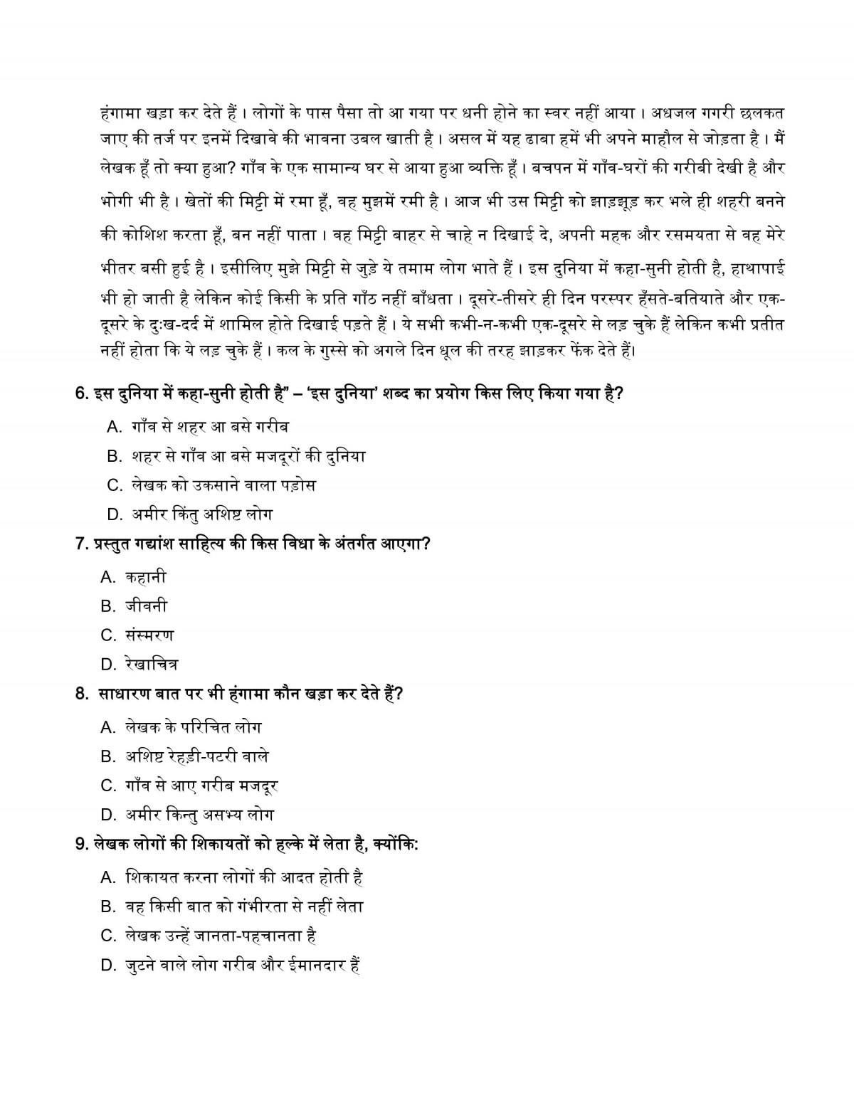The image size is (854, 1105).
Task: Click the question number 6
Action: point(81,393)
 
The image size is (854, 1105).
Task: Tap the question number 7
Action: point(81,544)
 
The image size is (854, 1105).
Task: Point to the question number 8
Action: point(81,694)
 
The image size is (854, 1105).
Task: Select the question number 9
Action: point(81,845)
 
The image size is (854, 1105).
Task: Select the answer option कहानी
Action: point(146,577)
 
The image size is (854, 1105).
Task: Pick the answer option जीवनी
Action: point(147,606)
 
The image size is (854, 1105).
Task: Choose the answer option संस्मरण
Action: point(149,635)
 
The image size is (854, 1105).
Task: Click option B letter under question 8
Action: point(108,756)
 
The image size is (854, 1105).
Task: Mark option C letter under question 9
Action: point(108,936)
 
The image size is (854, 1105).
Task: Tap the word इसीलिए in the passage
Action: point(248,269)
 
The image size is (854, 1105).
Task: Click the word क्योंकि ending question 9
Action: point(394,845)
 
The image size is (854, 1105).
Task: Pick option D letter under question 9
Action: point(108,966)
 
